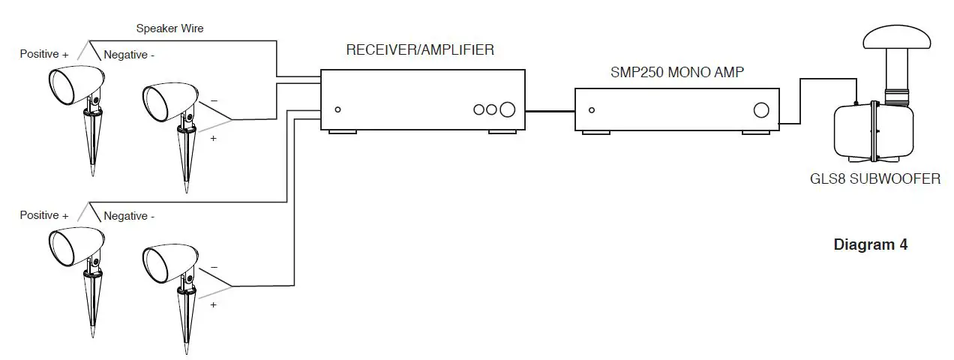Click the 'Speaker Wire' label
(x=169, y=28)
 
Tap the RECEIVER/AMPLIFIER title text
(x=420, y=50)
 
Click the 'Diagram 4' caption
(x=870, y=245)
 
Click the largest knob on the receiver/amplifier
(x=508, y=109)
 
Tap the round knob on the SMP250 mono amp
(x=761, y=110)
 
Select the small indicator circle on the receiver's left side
(x=338, y=110)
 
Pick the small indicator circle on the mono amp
(x=592, y=110)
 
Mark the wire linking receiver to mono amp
(x=550, y=110)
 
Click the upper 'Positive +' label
(x=44, y=54)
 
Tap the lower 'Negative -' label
(x=129, y=216)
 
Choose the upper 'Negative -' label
(x=129, y=55)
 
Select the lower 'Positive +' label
(x=44, y=215)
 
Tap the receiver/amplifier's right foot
(x=502, y=133)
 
